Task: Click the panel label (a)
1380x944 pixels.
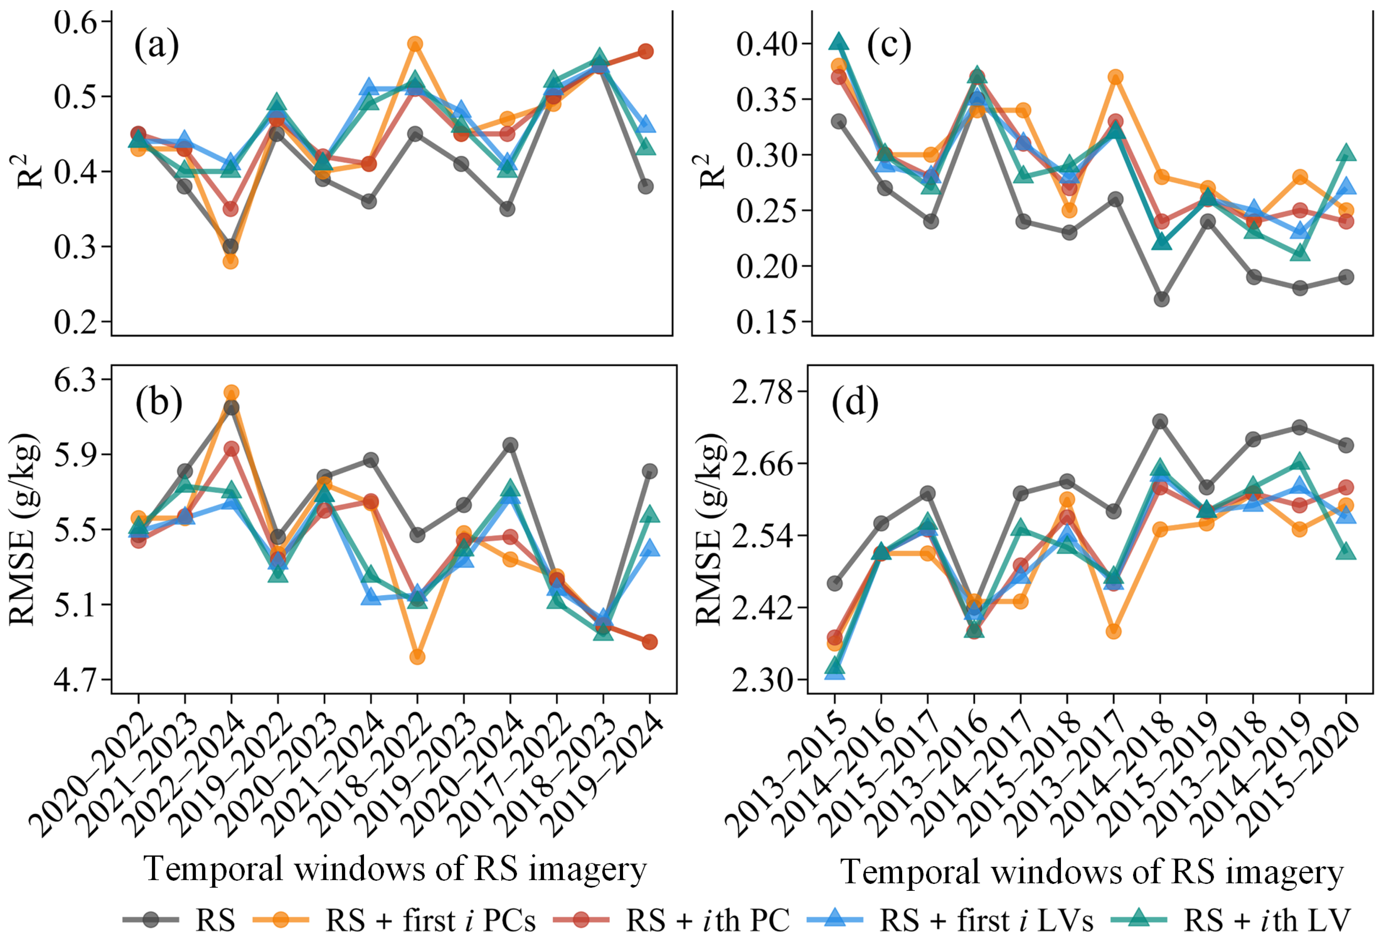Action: click(x=156, y=46)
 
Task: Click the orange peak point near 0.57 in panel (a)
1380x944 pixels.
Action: click(x=415, y=44)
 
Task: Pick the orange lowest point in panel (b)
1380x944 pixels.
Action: click(x=418, y=657)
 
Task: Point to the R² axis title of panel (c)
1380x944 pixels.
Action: click(x=714, y=171)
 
